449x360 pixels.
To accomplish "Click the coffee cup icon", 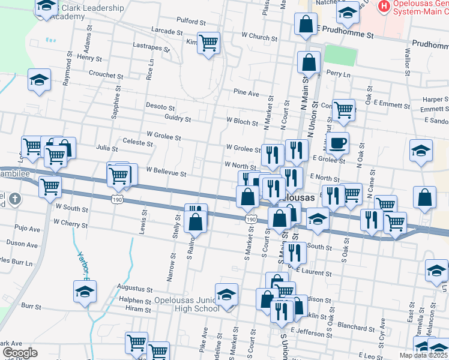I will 337,143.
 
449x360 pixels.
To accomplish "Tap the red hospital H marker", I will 383,7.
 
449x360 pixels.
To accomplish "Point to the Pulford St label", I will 191,21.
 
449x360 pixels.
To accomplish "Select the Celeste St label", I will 137,143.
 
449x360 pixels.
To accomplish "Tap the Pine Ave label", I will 246,94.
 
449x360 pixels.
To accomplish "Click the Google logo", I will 19,353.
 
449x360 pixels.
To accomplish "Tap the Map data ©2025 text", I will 424,355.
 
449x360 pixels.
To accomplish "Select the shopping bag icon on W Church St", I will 306,24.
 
